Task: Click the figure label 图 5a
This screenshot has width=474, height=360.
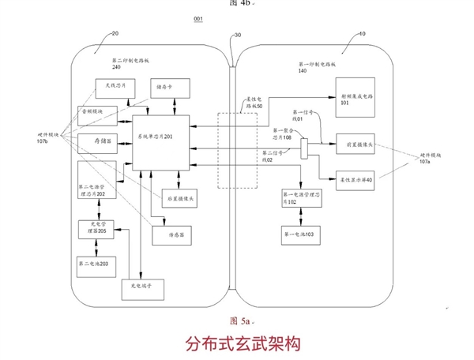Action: pyautogui.click(x=239, y=321)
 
